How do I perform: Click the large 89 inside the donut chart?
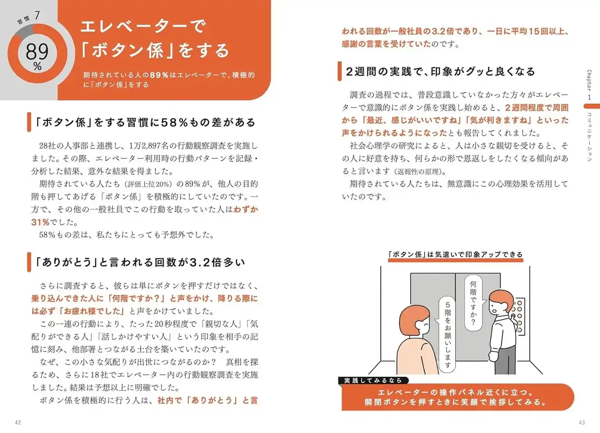point(37,52)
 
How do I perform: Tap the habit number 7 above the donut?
point(37,15)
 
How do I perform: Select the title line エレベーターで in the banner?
point(143,27)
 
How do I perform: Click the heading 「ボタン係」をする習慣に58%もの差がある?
point(145,123)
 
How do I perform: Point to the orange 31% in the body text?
point(40,222)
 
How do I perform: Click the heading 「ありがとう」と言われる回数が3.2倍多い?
point(140,262)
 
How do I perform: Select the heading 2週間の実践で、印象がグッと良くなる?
point(440,72)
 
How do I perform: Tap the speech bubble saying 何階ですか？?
point(473,303)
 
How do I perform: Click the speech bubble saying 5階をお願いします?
point(448,334)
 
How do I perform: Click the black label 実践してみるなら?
point(373,381)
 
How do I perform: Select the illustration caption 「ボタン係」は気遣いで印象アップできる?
point(455,254)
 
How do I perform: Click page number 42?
point(18,423)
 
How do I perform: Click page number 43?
point(582,423)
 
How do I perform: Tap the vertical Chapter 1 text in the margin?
point(589,85)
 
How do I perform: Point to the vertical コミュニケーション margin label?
point(589,137)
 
